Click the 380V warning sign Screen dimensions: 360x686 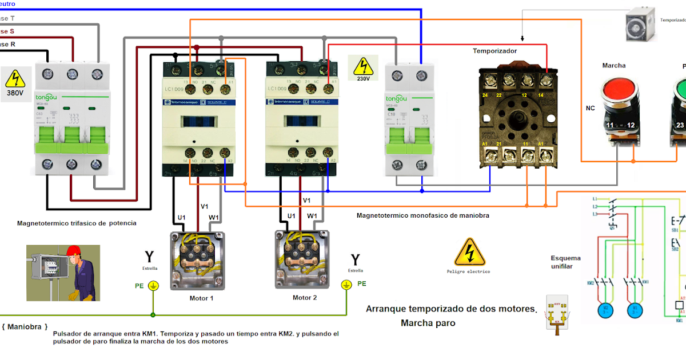point(15,80)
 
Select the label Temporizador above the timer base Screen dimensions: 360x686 point(494,51)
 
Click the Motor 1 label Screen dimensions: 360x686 point(201,298)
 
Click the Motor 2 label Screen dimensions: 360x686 point(305,298)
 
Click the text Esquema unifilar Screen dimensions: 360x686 point(565,262)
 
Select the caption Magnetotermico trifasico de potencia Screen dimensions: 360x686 point(77,223)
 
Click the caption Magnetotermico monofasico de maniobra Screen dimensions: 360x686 point(422,215)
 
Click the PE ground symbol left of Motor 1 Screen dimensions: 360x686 point(153,285)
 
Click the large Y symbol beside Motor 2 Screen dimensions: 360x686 point(355,261)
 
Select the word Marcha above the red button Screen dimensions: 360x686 point(613,65)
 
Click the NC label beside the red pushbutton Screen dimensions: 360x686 point(590,107)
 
